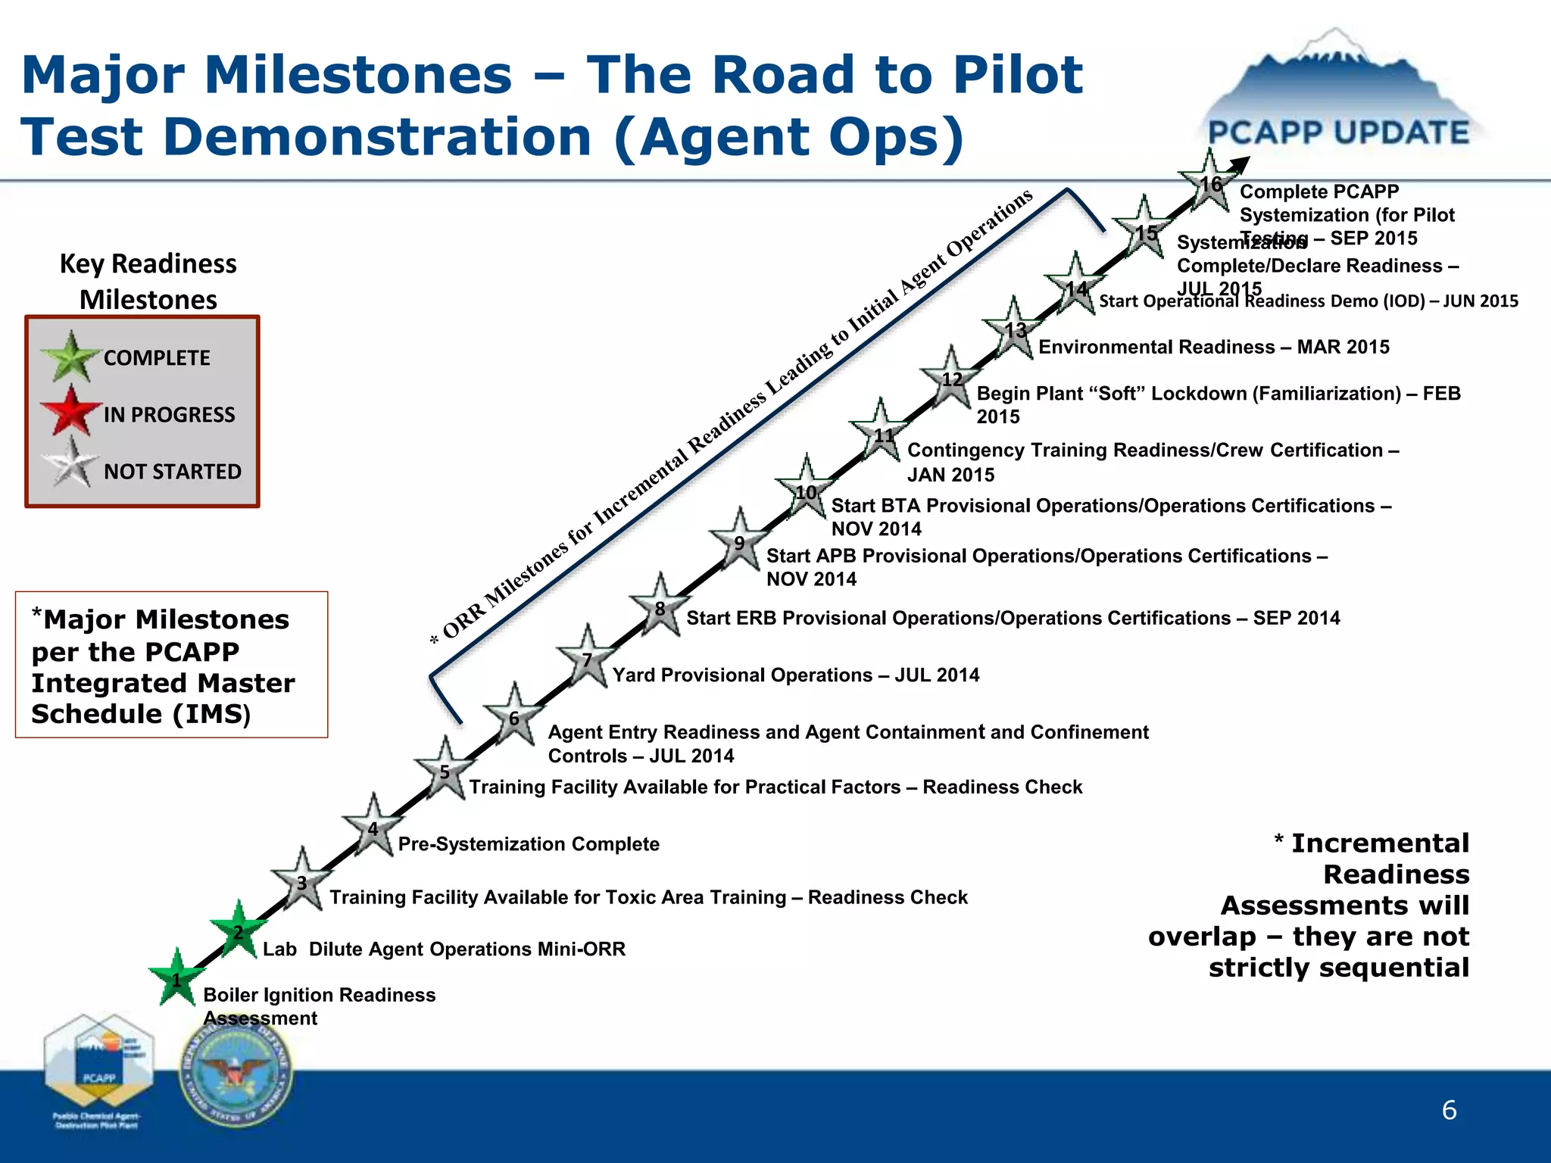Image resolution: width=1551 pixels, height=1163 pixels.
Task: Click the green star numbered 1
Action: [x=176, y=979]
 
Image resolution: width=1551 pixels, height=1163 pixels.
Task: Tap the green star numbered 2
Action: [x=238, y=931]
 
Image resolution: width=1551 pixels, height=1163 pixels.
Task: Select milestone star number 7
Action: [x=587, y=659]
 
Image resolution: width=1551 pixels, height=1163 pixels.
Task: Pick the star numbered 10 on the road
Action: [x=806, y=491]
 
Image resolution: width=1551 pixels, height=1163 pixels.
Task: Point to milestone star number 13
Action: [x=1014, y=329]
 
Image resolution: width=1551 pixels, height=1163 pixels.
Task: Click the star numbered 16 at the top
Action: [x=1209, y=182]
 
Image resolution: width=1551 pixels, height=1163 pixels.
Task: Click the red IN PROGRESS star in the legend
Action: [x=71, y=411]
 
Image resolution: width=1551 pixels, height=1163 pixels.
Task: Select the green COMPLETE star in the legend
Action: [x=71, y=357]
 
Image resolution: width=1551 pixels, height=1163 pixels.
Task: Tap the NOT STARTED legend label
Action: [x=172, y=471]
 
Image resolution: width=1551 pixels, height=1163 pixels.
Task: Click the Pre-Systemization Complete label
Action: [x=529, y=843]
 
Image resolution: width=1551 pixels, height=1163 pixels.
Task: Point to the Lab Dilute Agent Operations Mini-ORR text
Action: [x=444, y=949]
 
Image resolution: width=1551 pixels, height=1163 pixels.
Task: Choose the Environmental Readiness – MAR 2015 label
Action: [x=1213, y=347]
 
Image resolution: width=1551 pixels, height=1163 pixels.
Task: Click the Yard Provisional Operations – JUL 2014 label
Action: [x=795, y=675]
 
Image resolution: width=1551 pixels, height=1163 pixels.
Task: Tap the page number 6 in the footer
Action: [x=1449, y=1110]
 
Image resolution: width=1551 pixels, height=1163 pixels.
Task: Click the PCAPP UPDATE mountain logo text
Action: [x=1338, y=133]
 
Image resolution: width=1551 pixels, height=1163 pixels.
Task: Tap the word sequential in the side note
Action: [x=1338, y=967]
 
